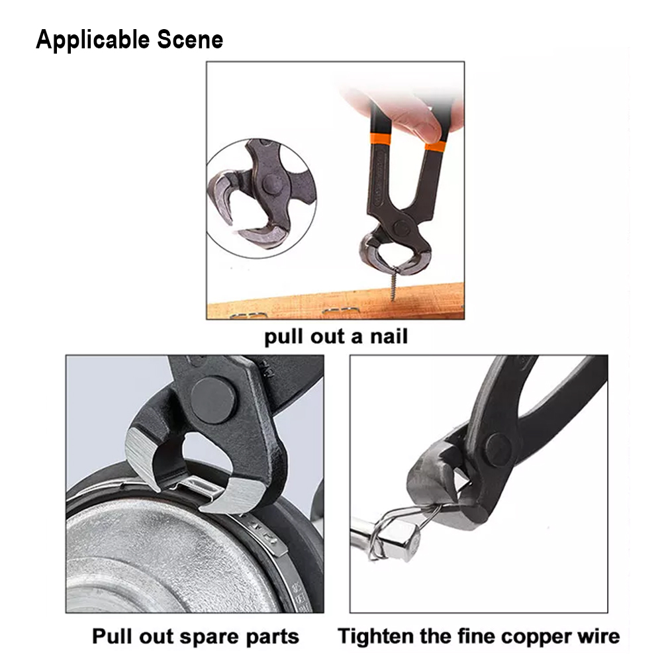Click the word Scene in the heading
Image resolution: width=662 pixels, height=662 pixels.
coord(190,40)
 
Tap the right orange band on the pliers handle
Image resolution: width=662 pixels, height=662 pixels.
coord(436,146)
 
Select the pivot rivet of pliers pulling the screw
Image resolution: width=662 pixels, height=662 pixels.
coord(402,228)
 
